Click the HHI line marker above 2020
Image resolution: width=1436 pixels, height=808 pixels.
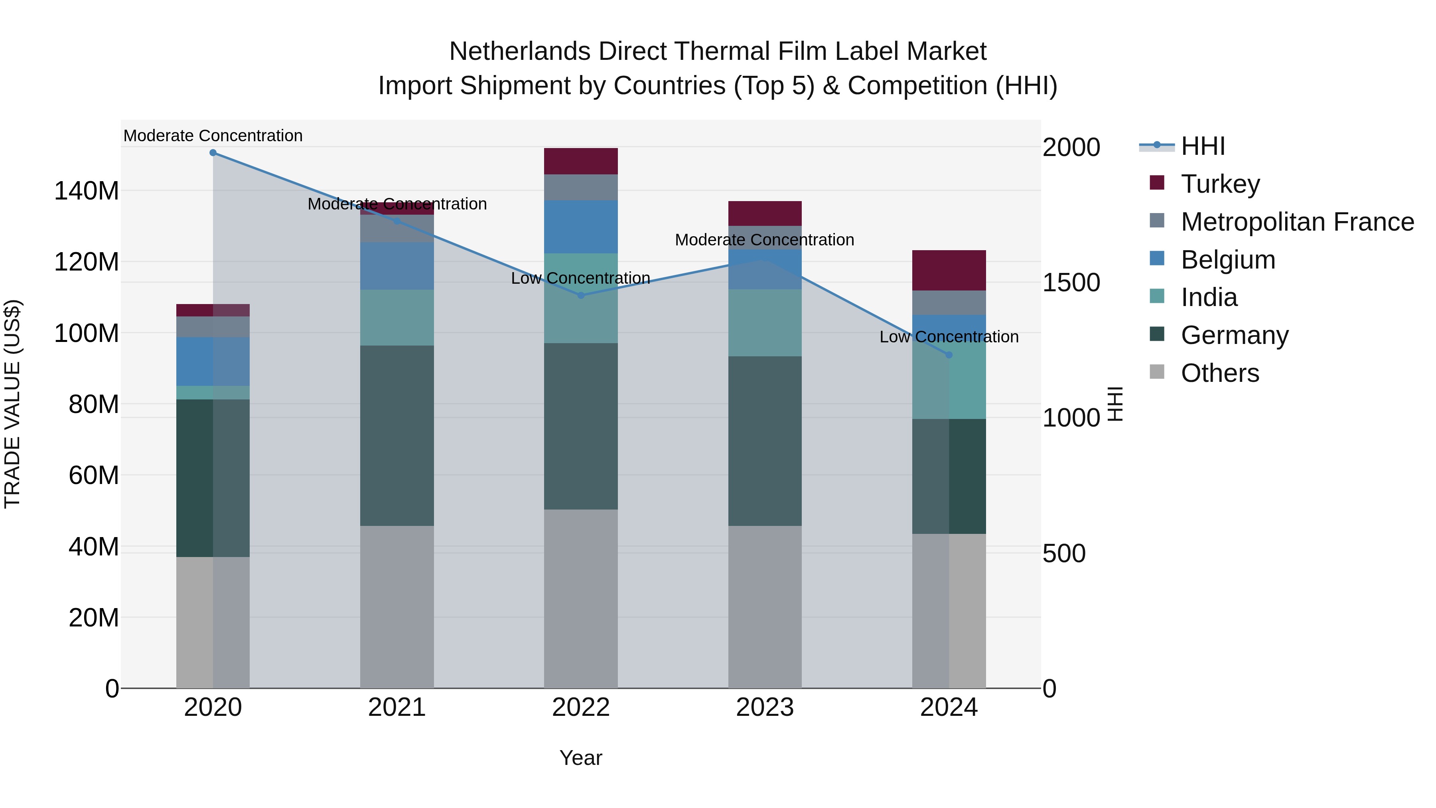click(213, 153)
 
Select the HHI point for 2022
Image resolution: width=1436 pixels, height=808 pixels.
click(581, 296)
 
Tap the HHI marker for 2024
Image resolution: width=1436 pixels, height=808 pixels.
click(949, 355)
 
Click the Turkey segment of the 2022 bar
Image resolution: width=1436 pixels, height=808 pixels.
click(581, 161)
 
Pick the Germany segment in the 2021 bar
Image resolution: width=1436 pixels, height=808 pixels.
click(397, 435)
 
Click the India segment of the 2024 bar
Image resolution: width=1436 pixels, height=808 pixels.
click(949, 385)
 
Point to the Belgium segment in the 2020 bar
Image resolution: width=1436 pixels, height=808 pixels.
click(213, 362)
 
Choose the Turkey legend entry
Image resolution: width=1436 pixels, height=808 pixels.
click(1220, 184)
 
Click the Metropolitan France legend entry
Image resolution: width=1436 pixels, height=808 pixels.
click(1297, 222)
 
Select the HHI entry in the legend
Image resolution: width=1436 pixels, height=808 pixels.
click(1202, 146)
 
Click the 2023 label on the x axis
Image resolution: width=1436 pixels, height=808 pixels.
click(765, 707)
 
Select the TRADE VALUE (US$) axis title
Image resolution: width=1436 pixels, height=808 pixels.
click(12, 404)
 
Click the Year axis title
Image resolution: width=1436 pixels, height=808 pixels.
click(581, 758)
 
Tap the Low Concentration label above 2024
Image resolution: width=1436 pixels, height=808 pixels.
click(949, 337)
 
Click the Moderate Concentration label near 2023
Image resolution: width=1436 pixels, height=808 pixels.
click(764, 240)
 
